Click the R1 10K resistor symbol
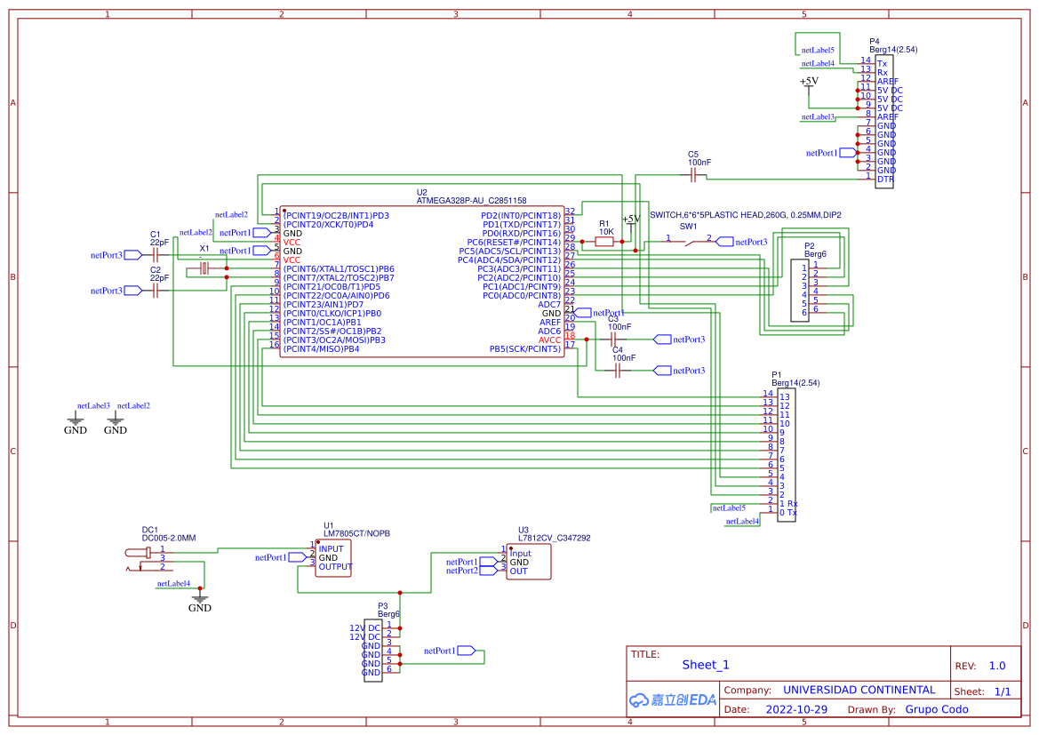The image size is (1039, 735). [604, 241]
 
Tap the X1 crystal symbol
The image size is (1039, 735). [204, 268]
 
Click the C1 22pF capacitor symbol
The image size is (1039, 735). [156, 254]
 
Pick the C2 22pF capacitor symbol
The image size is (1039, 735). [156, 291]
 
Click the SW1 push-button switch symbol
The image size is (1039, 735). [689, 241]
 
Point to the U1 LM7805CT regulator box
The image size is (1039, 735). [333, 558]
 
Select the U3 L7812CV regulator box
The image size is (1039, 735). [528, 562]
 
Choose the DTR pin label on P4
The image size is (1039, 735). [884, 180]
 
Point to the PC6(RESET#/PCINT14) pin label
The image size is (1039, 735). [514, 242]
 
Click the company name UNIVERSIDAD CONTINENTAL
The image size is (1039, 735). [859, 690]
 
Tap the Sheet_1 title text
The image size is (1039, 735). [706, 665]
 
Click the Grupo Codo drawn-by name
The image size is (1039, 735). [936, 709]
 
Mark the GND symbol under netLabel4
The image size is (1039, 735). [200, 601]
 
